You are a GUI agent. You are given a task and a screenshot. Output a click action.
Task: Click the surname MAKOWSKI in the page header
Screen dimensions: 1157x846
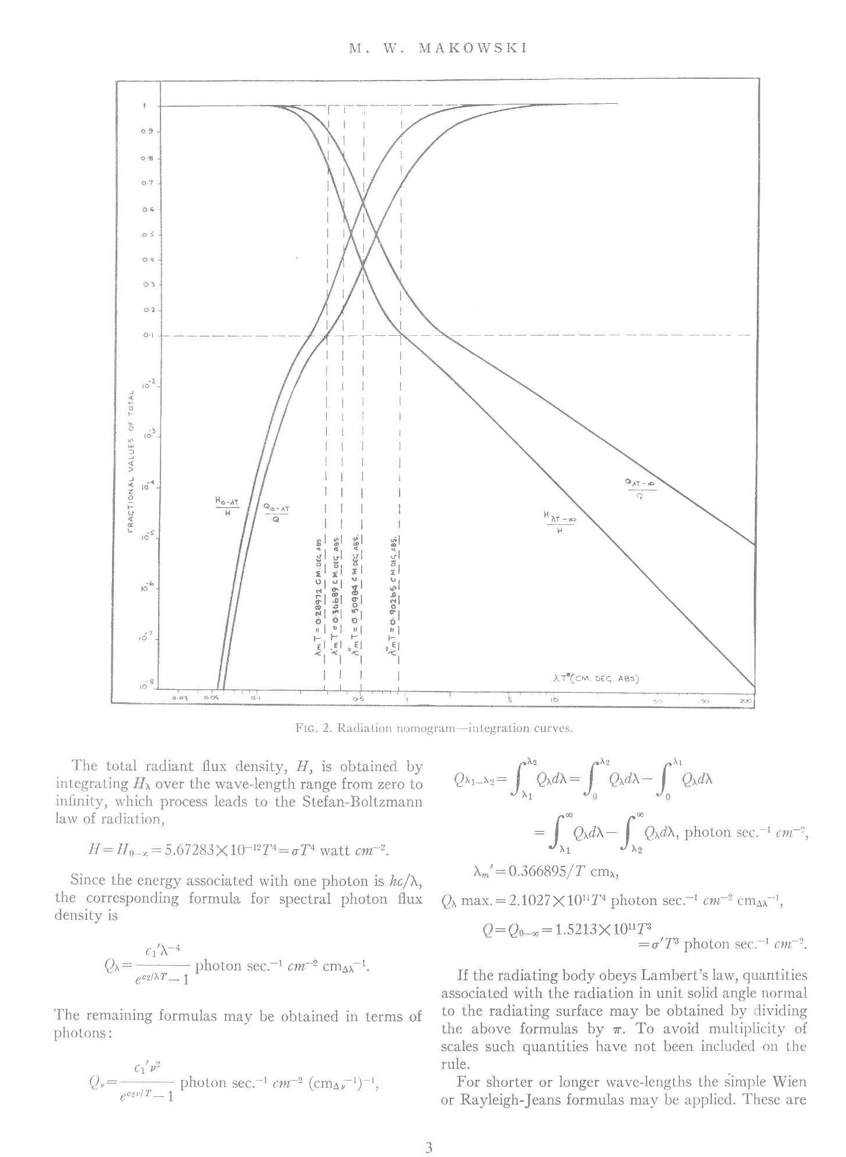(x=473, y=48)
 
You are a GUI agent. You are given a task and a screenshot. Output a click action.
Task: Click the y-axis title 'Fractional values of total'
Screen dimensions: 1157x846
(x=131, y=460)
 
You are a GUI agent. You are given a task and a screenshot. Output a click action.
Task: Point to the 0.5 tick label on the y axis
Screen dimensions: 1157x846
(x=146, y=234)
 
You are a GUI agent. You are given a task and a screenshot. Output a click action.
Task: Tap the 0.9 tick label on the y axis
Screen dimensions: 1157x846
(x=146, y=131)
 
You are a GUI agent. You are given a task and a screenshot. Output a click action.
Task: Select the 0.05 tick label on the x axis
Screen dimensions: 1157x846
(x=211, y=697)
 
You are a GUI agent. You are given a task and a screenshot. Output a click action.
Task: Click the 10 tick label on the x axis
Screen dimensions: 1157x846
(x=554, y=698)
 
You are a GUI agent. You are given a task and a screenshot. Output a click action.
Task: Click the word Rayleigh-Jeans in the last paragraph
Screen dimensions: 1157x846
(x=494, y=1100)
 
